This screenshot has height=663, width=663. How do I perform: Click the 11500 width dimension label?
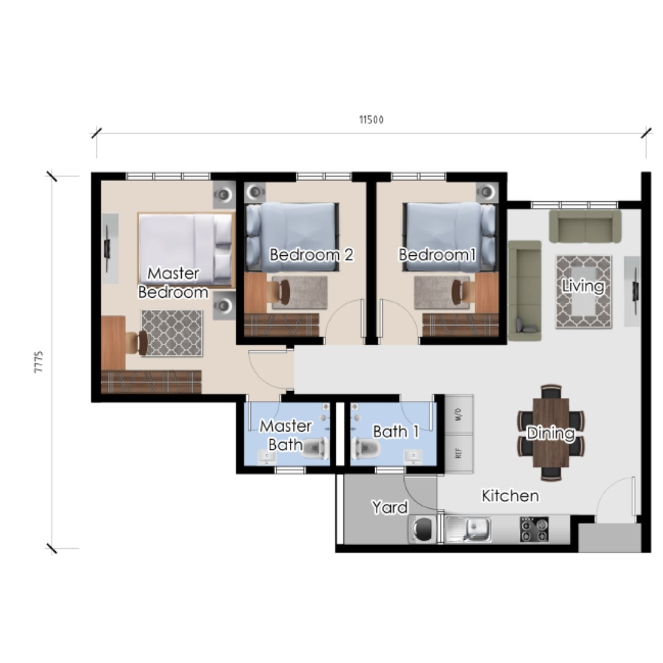(x=371, y=120)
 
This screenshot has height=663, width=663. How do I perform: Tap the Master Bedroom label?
(x=173, y=282)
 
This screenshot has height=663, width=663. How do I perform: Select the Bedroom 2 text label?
(x=311, y=255)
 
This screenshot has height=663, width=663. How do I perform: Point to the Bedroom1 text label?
(x=438, y=255)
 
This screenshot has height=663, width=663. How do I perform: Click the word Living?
(x=583, y=286)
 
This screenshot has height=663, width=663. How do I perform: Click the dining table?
(x=551, y=433)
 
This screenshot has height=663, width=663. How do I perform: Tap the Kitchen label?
(x=510, y=495)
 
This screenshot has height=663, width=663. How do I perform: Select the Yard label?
(x=390, y=508)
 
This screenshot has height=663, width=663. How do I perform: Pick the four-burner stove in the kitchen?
(x=534, y=529)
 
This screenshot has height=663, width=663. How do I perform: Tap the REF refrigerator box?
(x=458, y=454)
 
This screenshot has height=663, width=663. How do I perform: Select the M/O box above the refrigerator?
(x=458, y=415)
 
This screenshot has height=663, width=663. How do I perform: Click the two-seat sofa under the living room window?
(x=585, y=227)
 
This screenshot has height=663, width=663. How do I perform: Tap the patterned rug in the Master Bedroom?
(x=172, y=333)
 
